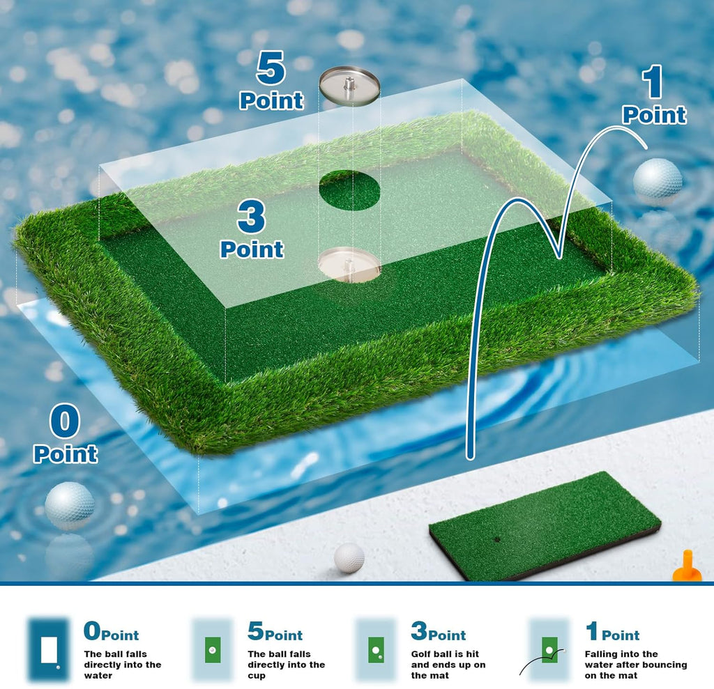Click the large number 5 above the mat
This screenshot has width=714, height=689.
271,68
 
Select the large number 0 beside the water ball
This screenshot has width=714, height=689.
65,421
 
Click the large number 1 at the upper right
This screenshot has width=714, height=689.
653,82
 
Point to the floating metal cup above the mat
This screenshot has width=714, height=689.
349,84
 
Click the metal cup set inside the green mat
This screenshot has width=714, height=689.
349,265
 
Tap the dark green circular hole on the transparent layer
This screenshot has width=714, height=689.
349,190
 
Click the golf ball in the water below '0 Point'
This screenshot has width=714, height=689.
70,506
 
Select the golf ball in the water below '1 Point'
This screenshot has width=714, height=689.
658,178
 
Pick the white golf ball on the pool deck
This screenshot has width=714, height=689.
349,557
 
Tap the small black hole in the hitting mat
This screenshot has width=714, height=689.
497,540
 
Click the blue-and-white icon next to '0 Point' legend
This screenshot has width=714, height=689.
50,649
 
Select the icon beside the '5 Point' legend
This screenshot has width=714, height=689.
212,649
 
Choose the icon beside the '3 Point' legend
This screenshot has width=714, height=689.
376,649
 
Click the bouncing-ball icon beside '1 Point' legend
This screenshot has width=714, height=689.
547,649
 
